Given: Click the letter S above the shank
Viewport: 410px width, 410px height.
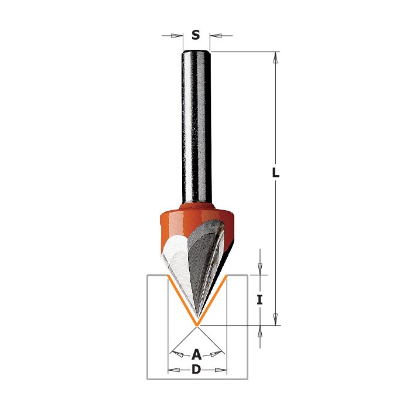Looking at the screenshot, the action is [x=196, y=35].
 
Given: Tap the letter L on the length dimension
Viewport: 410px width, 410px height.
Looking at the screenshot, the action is [x=276, y=173].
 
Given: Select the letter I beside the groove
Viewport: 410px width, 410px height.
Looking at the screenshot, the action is [x=259, y=300].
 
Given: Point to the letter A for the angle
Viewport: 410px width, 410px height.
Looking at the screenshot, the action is [x=196, y=355].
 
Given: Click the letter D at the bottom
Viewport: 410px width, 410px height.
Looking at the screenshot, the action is [x=196, y=370].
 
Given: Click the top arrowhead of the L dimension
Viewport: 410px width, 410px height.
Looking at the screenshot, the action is [x=275, y=57].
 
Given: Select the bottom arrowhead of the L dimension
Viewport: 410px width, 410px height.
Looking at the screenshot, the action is [x=275, y=320].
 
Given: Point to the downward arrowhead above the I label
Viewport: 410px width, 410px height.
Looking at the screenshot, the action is [x=259, y=269].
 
